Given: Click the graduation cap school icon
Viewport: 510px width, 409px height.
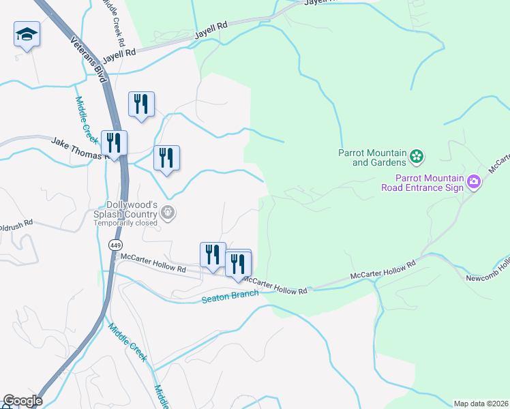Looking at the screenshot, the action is (x=27, y=34).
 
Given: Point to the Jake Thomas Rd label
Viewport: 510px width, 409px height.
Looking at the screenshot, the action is (x=80, y=148).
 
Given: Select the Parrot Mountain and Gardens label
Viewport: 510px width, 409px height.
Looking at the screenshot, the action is (x=372, y=157).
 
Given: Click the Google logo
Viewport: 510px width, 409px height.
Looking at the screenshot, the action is (x=22, y=401).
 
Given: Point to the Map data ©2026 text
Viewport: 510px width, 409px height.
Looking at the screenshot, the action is (x=481, y=403).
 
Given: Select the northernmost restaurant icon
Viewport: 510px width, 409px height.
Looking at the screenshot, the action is (x=141, y=104).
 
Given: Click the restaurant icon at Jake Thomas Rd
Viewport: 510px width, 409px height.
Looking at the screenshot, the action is (x=114, y=143).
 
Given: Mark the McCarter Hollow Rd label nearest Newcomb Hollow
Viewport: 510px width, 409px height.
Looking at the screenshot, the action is (x=382, y=269).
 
